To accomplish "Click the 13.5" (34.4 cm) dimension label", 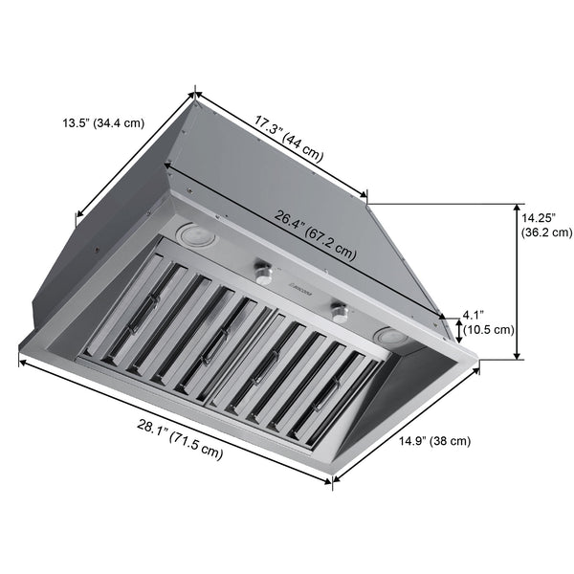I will pos(103,123).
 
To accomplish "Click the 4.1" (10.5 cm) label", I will pos(488,321).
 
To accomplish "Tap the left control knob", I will pos(259,276).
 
